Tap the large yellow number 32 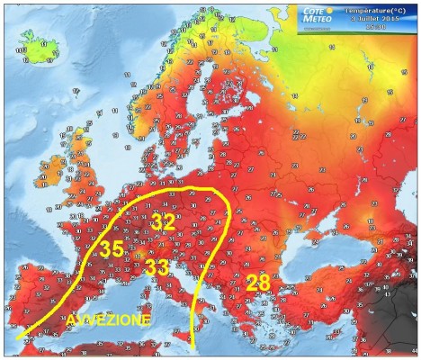(163, 221)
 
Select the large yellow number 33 (157, 267)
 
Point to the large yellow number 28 (258, 283)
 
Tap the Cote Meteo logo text (320, 13)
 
